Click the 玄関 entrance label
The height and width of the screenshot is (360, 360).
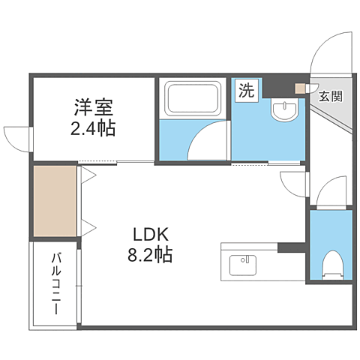point(330,95)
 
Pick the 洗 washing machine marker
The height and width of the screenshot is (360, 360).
point(246,91)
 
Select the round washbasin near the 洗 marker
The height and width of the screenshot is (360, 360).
point(284,110)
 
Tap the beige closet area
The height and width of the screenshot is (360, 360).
point(54,201)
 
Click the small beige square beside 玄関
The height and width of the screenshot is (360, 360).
point(301,88)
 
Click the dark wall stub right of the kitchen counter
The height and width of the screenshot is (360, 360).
point(291,247)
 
